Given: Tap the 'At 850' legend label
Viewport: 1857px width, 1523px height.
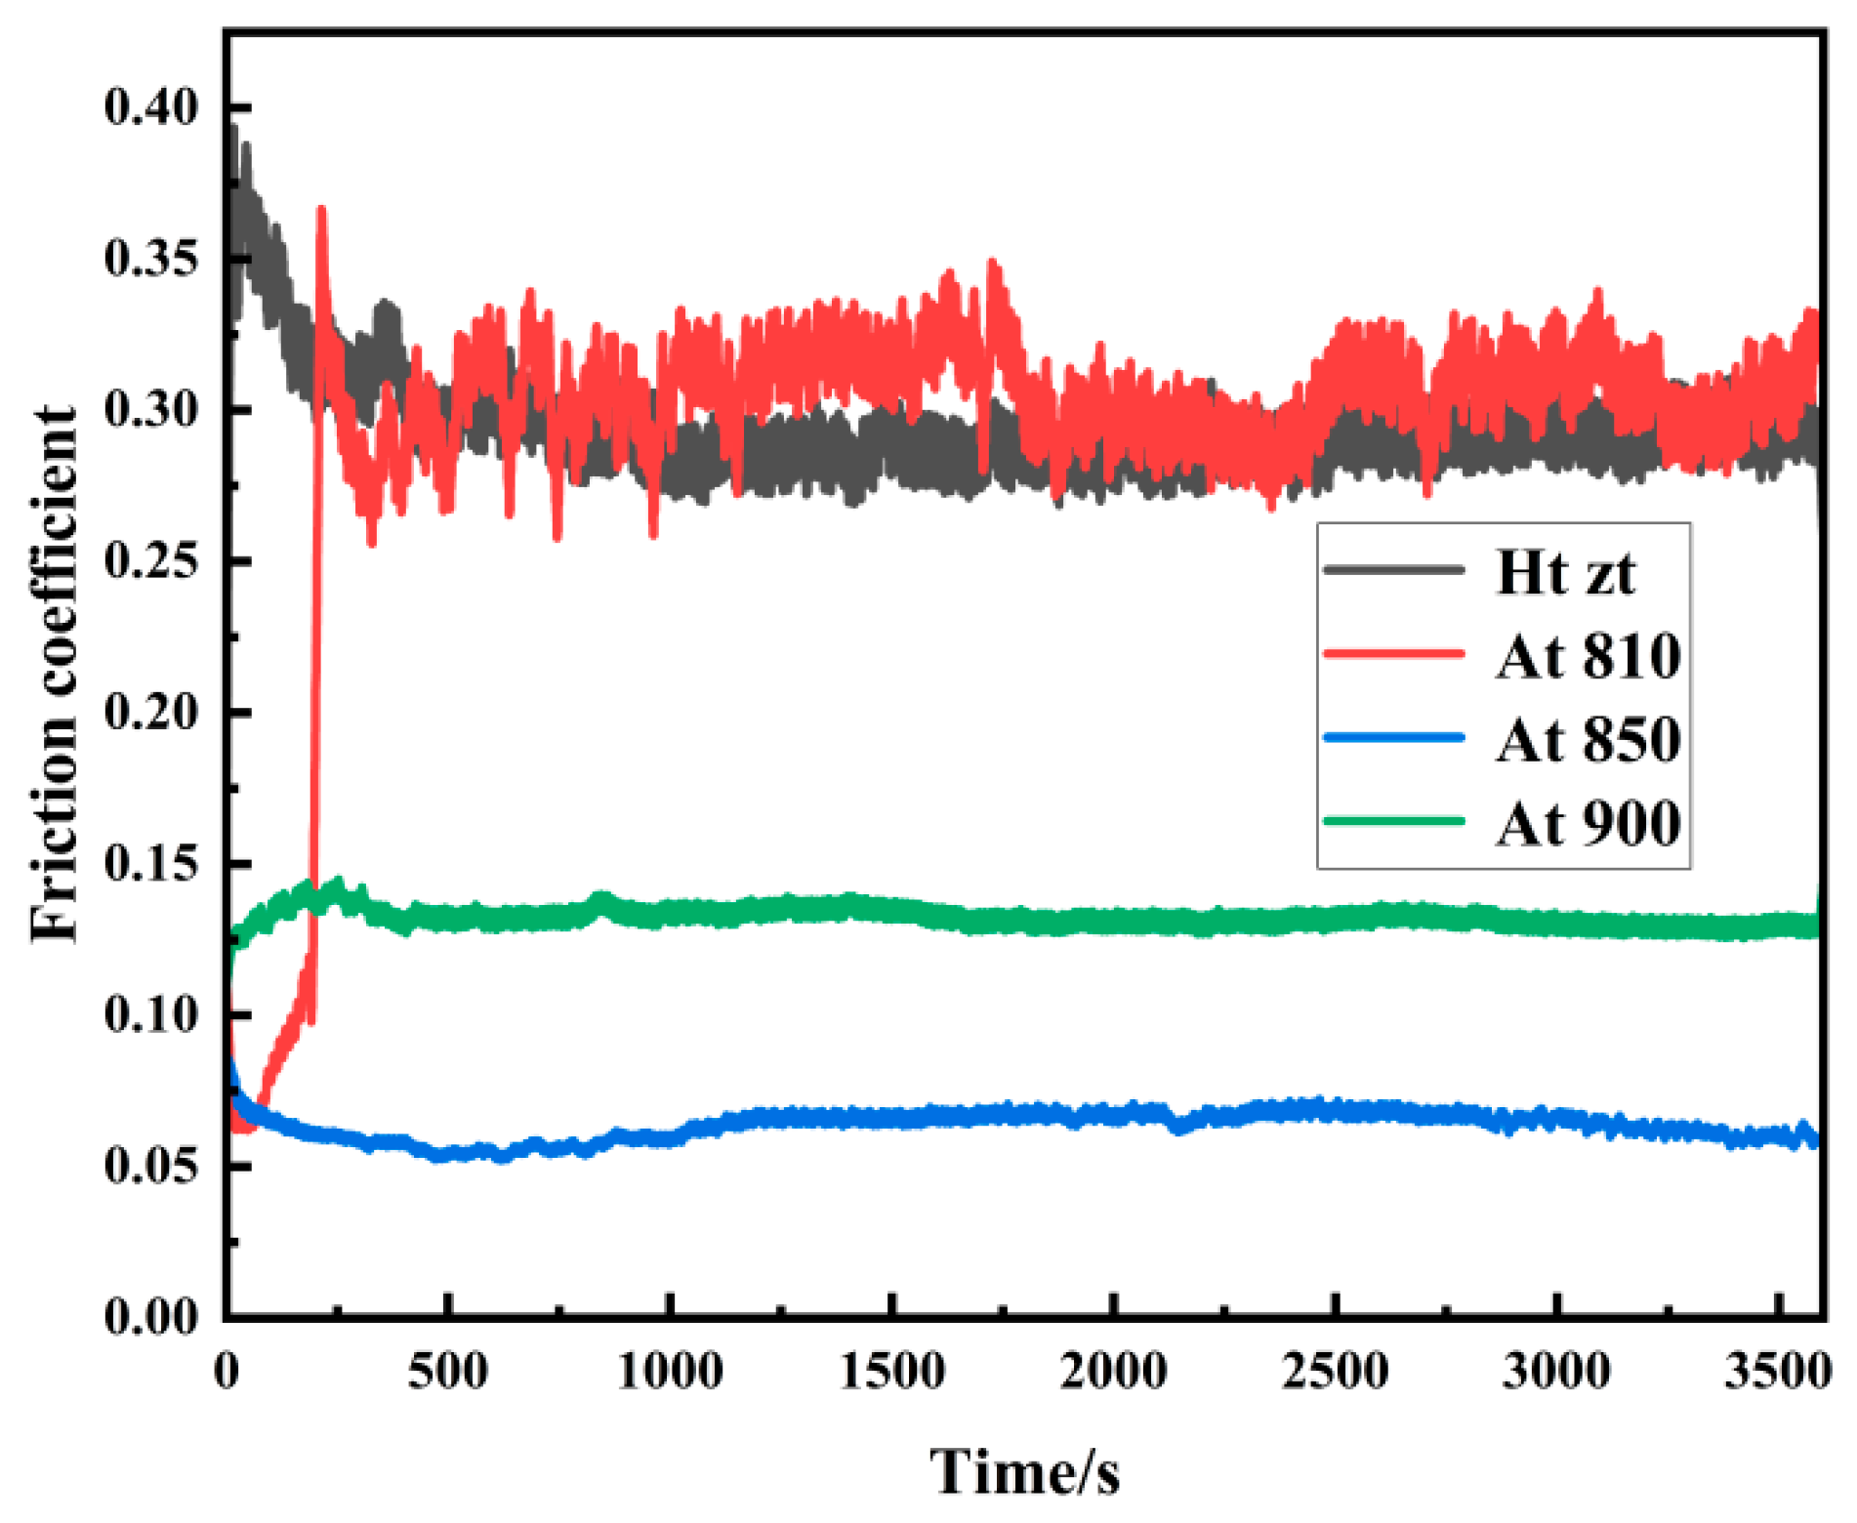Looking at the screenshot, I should click(1588, 739).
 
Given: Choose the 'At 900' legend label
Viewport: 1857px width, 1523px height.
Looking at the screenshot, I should click(1588, 823).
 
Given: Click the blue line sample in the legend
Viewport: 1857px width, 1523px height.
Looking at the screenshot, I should click(1393, 738).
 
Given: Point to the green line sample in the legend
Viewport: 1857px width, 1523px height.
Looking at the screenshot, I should click(1393, 821).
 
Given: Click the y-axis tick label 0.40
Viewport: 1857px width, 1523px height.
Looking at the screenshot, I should click(150, 106).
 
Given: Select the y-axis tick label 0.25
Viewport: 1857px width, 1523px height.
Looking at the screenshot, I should click(150, 560).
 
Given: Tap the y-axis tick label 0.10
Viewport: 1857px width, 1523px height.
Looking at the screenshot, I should click(150, 1014).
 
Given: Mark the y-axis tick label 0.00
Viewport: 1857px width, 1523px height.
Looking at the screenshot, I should click(150, 1317).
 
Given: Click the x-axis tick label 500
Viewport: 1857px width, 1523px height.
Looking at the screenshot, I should click(447, 1372).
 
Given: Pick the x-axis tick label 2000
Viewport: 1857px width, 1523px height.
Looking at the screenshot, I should click(1113, 1372).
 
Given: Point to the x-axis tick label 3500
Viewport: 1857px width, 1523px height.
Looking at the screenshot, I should click(1777, 1372).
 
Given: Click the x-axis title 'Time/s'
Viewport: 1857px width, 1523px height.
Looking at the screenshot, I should click(1024, 1472).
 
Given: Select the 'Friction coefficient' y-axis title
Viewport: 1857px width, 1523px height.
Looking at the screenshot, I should click(54, 674).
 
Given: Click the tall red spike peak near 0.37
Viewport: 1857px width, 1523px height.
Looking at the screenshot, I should click(321, 209).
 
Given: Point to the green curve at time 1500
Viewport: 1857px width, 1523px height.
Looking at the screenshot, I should click(891, 910).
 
